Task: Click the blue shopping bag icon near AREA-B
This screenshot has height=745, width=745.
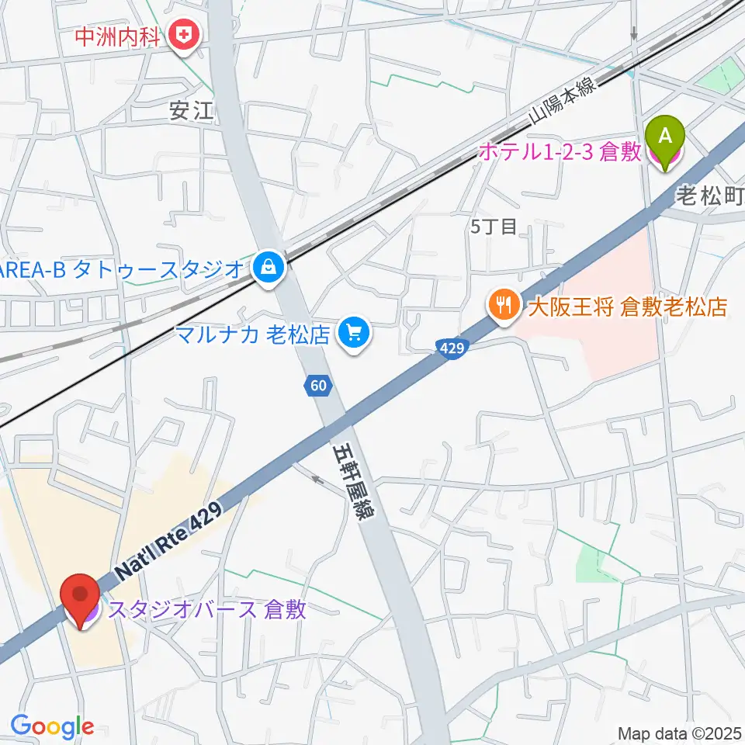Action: [x=268, y=269]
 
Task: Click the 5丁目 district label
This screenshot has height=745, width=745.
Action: [x=494, y=227]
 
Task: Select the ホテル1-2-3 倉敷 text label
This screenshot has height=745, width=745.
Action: [x=559, y=152]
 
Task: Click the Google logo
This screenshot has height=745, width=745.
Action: [x=52, y=726]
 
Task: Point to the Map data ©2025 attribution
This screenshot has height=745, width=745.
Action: [x=680, y=733]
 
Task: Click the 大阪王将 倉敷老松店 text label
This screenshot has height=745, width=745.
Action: [x=627, y=307]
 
